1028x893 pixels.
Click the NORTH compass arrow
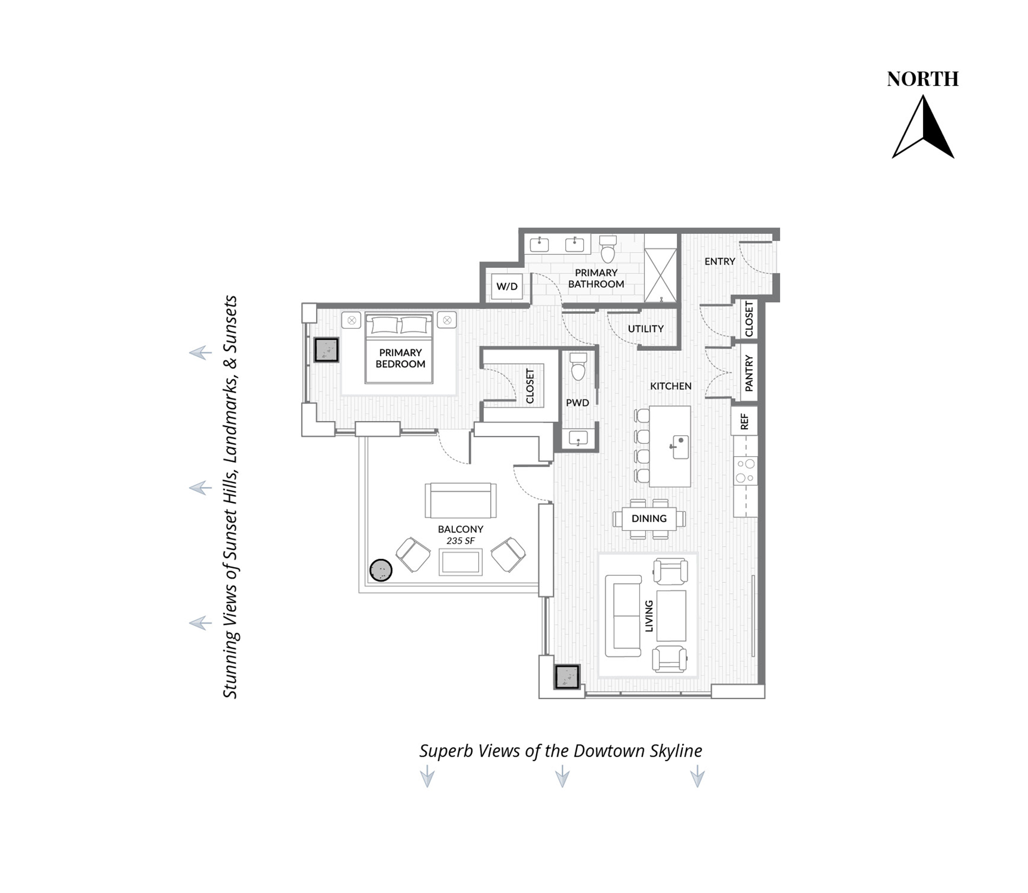point(923,128)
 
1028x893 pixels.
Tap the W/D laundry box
point(507,286)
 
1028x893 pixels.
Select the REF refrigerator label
point(744,422)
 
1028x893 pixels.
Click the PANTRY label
point(749,373)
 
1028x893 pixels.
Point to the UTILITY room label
point(645,329)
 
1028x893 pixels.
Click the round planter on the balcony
point(380,570)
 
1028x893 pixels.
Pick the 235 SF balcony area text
point(460,541)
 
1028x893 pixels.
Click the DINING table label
point(649,518)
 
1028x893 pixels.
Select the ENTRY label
point(720,261)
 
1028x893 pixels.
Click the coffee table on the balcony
point(460,562)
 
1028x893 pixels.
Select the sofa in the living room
point(622,616)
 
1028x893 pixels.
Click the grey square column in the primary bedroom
point(326,350)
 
